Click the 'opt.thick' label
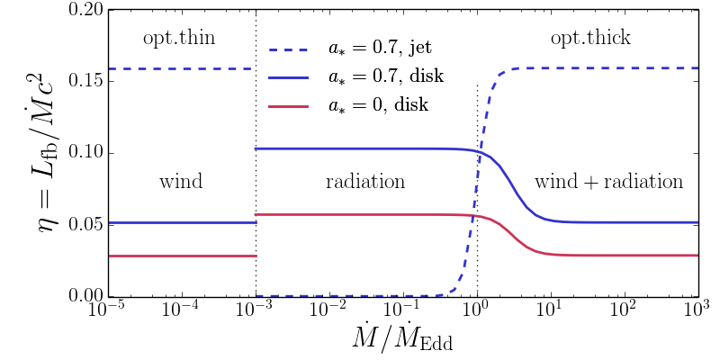pyautogui.click(x=590, y=38)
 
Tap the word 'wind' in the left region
pyautogui.click(x=181, y=183)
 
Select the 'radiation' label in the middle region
pyautogui.click(x=364, y=183)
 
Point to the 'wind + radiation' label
pyautogui.click(x=608, y=183)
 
